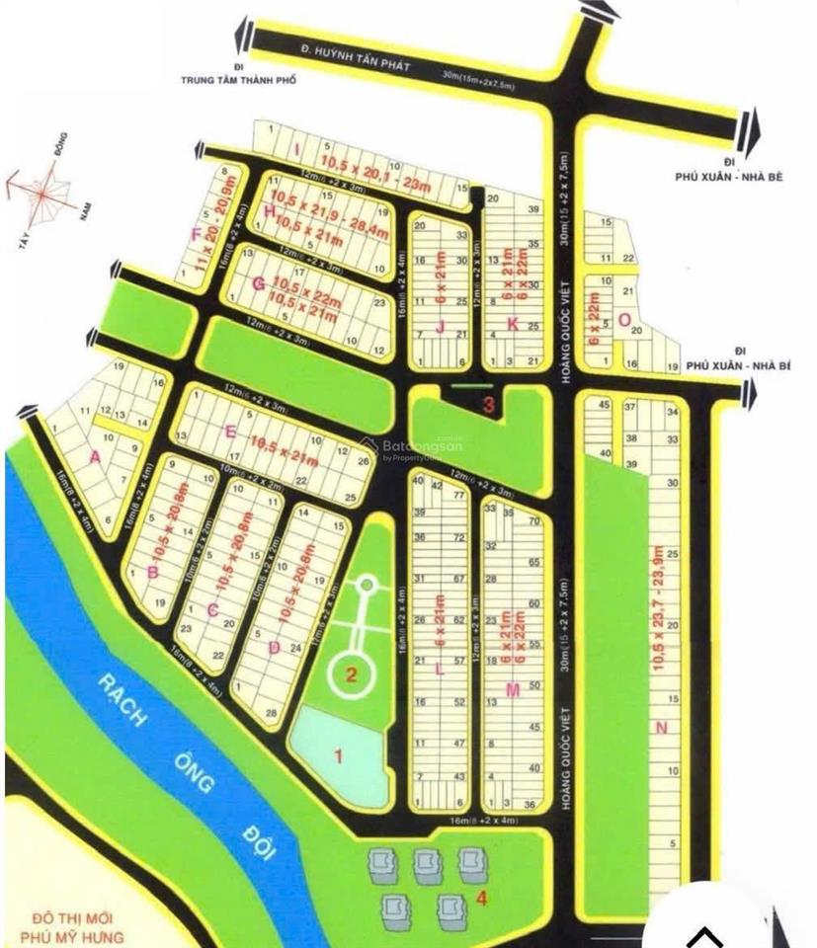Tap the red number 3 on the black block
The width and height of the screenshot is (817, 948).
coord(488,403)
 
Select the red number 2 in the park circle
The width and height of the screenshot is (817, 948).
coord(350,675)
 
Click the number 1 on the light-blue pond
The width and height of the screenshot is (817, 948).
coord(338,757)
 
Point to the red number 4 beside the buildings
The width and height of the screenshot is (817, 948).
coord(481,898)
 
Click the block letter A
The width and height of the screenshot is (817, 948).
coord(95,456)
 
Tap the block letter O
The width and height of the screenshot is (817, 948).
coord(623,319)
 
